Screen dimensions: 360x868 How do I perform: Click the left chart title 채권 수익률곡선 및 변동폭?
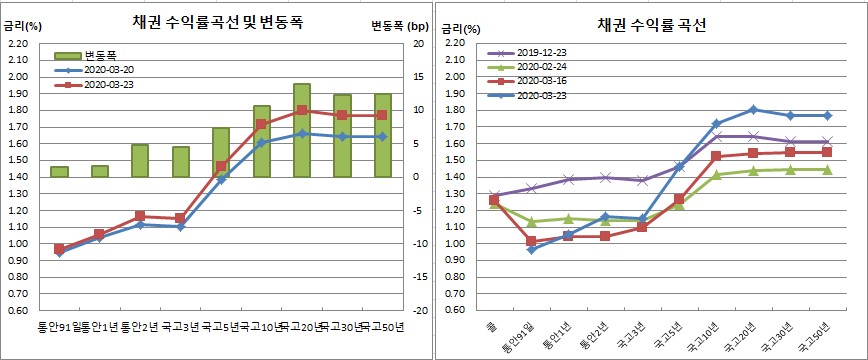point(215,23)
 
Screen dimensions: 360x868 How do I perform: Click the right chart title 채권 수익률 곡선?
point(652,25)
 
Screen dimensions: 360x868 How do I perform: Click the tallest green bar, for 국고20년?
point(302,130)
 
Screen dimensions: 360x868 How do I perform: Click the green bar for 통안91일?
point(59,172)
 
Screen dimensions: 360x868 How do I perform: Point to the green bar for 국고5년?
point(221,152)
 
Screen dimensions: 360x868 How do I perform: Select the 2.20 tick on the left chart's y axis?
point(18,44)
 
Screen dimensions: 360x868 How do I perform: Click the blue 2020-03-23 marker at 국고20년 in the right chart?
point(753,109)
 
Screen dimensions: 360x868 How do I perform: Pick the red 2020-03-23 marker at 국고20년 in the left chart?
point(302,110)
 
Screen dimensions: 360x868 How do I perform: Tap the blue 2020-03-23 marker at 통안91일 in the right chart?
point(531,249)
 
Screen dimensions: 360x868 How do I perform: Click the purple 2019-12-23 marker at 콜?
point(494,195)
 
